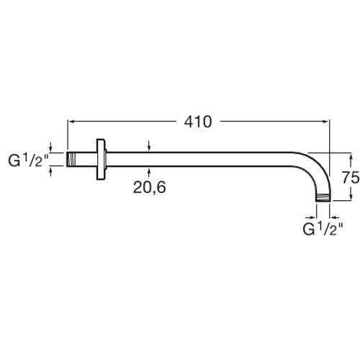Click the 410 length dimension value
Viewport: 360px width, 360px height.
tap(198, 122)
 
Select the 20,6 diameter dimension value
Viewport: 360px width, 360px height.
tap(149, 187)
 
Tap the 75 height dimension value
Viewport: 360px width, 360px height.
tap(351, 178)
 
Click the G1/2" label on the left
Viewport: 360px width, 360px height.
tap(28, 161)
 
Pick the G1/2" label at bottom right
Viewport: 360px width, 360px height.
tap(323, 229)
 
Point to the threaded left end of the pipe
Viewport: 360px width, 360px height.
tap(71, 159)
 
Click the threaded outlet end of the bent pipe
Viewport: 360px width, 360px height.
tap(323, 198)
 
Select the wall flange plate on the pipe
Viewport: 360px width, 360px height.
tap(101, 159)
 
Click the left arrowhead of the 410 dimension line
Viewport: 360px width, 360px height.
tap(71, 122)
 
